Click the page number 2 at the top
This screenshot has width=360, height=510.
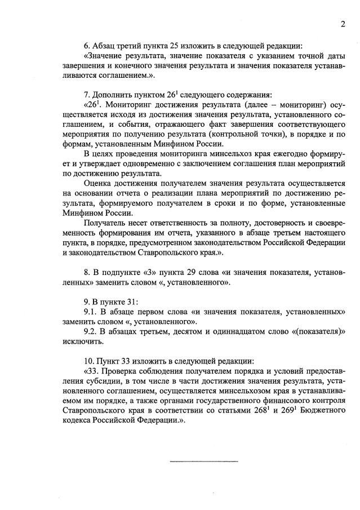pyautogui.click(x=342, y=24)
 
